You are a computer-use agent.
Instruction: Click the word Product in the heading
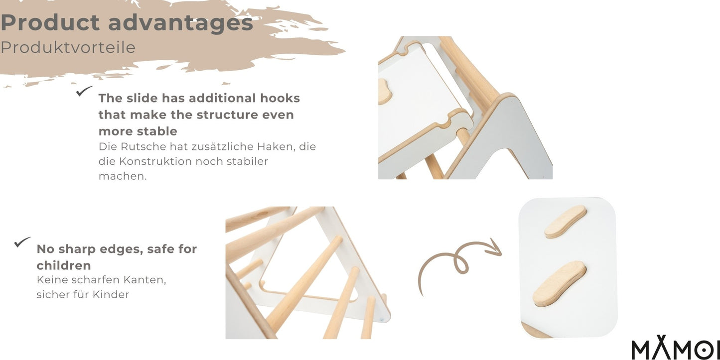[x=50, y=23]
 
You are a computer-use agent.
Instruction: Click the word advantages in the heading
[x=181, y=23]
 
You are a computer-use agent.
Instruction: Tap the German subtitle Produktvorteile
[x=68, y=47]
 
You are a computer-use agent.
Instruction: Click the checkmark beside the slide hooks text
[x=84, y=91]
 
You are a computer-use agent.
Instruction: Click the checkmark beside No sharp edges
[x=22, y=242]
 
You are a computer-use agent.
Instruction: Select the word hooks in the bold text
[x=280, y=98]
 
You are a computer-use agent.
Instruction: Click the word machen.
[x=123, y=176]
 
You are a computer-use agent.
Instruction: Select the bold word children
[x=64, y=265]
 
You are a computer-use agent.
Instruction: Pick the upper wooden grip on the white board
[x=566, y=221]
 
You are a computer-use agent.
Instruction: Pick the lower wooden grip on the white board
[x=560, y=283]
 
